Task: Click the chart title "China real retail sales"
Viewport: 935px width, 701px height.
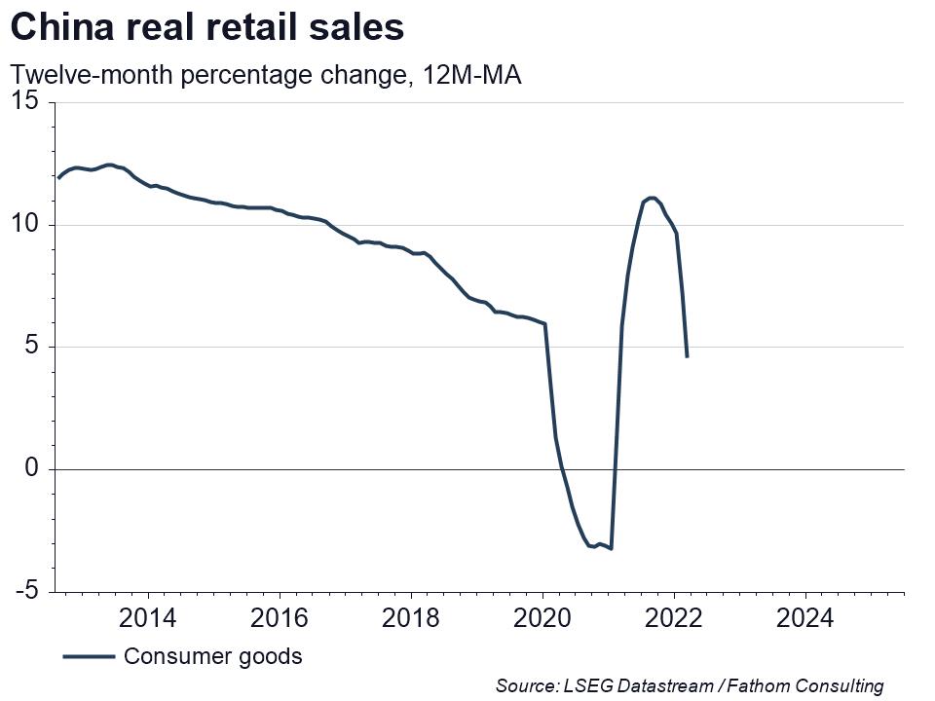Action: [206, 27]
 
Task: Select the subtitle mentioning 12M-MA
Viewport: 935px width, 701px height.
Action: [265, 75]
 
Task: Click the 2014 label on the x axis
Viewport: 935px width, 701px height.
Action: [148, 617]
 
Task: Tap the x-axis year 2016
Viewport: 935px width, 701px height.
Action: [280, 617]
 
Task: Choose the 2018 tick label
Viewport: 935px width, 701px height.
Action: [411, 617]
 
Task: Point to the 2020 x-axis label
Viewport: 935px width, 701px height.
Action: [542, 617]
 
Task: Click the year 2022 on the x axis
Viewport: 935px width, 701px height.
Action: [674, 617]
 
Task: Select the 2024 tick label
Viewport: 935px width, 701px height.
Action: [805, 617]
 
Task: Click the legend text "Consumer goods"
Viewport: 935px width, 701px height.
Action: [212, 656]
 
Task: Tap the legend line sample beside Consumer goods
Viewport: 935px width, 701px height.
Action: [89, 657]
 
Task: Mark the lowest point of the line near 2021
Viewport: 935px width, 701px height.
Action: [611, 549]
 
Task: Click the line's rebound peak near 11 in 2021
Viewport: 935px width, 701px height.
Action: [651, 198]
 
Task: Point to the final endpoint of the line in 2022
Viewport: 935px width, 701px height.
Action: [687, 356]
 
